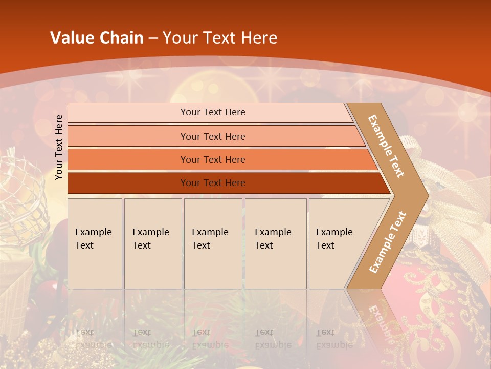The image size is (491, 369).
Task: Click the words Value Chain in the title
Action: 97,38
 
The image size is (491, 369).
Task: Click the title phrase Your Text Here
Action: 220,38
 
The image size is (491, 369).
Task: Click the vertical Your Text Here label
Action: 59,147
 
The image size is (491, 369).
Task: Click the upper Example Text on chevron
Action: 386,146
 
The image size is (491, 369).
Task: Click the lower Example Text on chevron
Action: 388,242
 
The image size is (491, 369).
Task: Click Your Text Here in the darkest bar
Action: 213,183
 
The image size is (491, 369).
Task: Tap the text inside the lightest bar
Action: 213,112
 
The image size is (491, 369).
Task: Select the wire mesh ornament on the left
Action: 20,195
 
